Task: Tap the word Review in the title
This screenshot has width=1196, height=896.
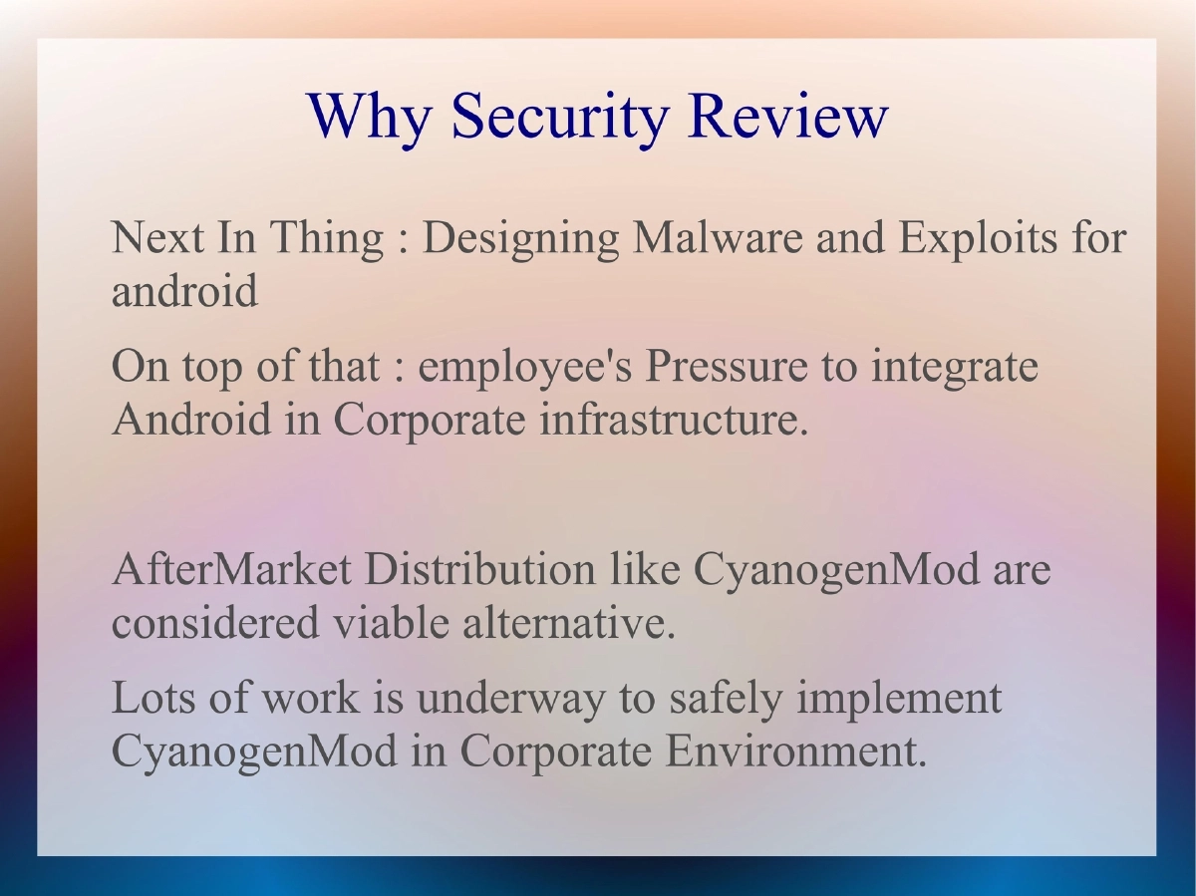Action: click(786, 116)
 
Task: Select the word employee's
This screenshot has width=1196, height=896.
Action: click(525, 368)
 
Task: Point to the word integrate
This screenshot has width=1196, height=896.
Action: click(954, 368)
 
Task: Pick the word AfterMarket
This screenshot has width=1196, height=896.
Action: click(231, 571)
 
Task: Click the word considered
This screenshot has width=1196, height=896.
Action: click(215, 623)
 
